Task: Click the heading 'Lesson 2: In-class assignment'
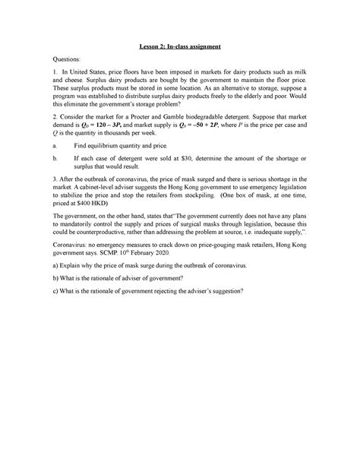(179, 46)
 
